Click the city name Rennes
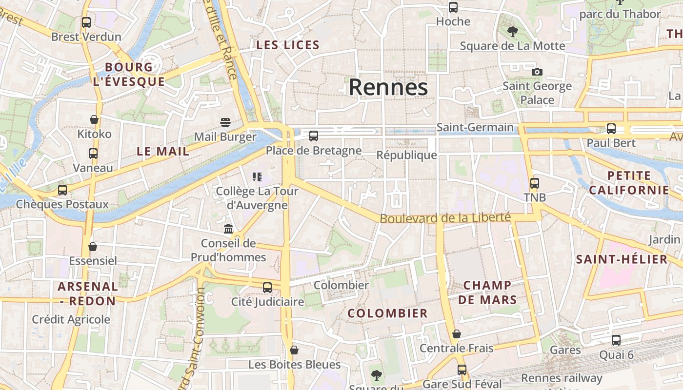tap(388, 88)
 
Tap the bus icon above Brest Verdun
tap(86, 22)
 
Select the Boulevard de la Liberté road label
tap(445, 218)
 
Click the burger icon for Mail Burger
tap(225, 122)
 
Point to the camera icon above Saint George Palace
tap(537, 72)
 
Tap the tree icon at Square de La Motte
tap(512, 32)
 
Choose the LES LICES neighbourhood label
tap(288, 45)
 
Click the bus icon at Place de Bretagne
tap(314, 136)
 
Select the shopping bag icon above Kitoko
tap(94, 119)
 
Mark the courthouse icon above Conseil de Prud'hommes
tap(228, 229)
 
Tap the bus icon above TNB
tap(535, 183)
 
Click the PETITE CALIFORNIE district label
tap(629, 183)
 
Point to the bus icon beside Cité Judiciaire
tap(267, 288)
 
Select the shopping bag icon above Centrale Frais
tap(457, 334)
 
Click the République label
tap(406, 155)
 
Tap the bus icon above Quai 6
tap(616, 340)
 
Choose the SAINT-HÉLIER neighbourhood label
tap(621, 259)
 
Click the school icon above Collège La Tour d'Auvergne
tap(257, 176)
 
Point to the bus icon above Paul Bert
tap(611, 129)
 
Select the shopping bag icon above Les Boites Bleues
tap(294, 350)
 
